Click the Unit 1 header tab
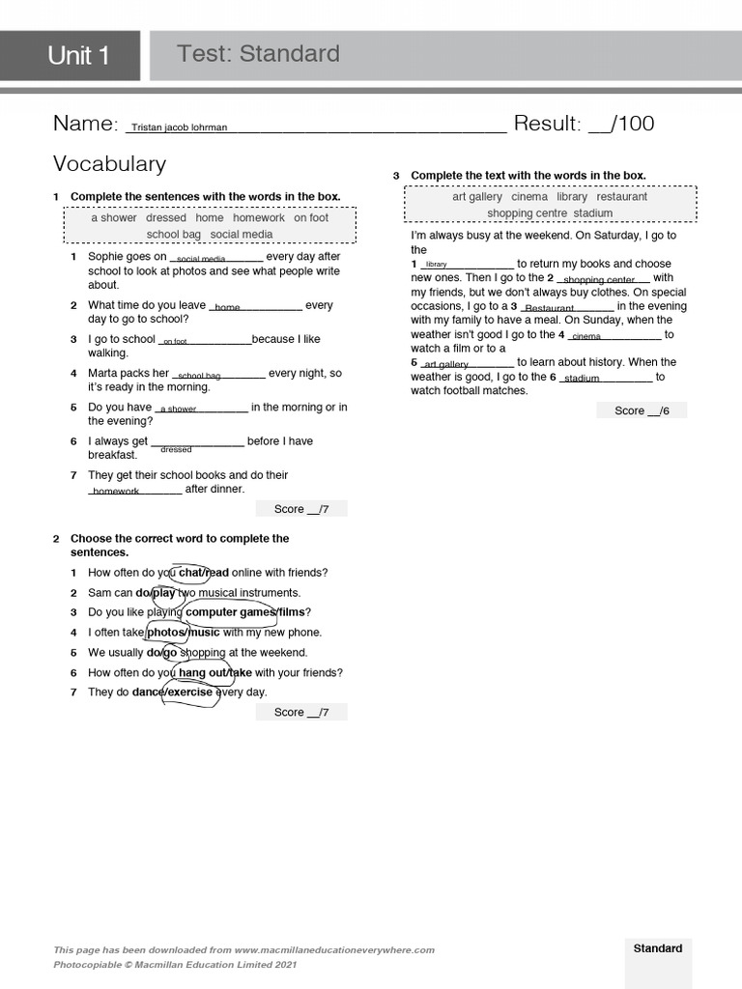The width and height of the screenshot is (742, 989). click(x=78, y=56)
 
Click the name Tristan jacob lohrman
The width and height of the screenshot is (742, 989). click(x=179, y=127)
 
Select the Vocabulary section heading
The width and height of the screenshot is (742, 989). click(x=109, y=163)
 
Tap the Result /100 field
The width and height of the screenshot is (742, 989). click(x=584, y=124)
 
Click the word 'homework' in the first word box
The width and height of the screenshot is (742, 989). click(x=258, y=218)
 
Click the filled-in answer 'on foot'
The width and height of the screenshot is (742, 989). click(x=175, y=342)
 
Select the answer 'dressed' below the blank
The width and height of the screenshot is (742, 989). click(x=176, y=450)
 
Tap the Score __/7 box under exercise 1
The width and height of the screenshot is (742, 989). click(x=301, y=509)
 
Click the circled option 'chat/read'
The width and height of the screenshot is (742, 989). click(x=203, y=573)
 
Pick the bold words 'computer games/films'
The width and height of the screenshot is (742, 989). click(x=247, y=612)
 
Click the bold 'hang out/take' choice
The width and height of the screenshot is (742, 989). click(x=214, y=673)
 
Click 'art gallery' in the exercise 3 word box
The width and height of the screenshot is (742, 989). click(x=477, y=197)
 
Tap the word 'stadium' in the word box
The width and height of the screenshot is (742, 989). click(x=592, y=213)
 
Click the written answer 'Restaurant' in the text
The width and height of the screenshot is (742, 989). click(x=549, y=309)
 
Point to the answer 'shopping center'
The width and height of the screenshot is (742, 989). click(x=599, y=281)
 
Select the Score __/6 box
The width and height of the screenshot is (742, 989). click(x=641, y=410)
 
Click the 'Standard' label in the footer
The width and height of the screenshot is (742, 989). click(x=657, y=948)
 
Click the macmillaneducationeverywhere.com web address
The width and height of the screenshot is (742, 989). click(x=334, y=950)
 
